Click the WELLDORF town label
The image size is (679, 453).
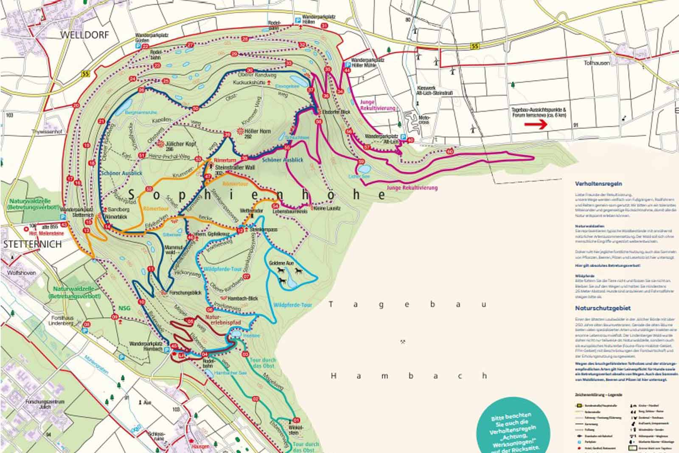point(85,35)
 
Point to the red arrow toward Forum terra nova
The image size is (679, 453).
point(536,125)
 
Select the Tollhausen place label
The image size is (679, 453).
point(597,63)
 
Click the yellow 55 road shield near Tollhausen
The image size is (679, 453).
point(476,46)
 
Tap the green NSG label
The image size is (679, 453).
point(124,308)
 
